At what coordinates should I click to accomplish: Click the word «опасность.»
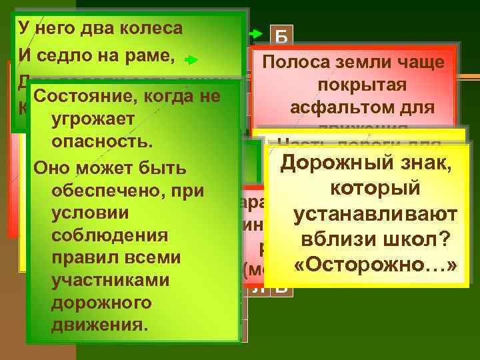coord(101,143)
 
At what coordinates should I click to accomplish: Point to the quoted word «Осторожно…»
coord(377,265)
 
